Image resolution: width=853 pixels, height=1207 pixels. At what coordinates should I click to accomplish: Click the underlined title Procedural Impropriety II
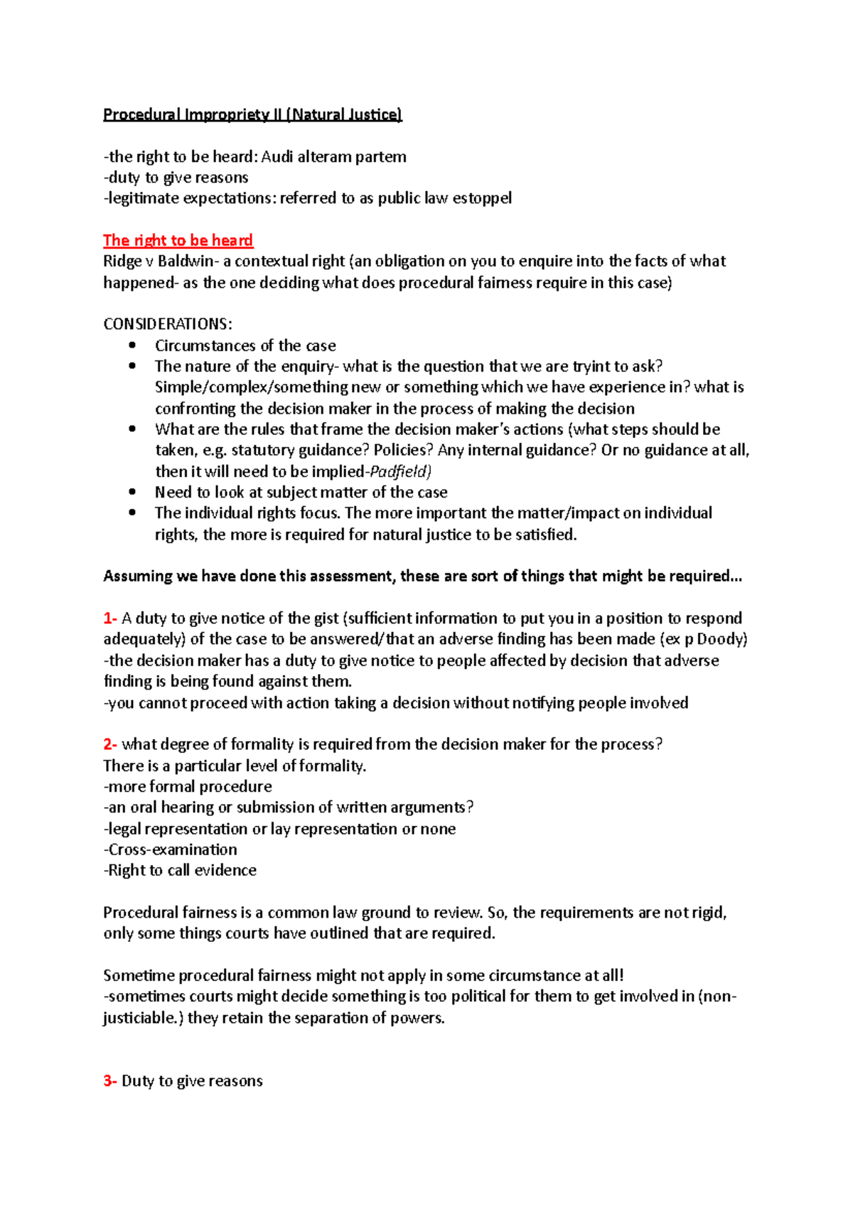tap(252, 114)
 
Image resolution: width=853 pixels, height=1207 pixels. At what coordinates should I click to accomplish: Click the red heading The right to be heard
tap(178, 240)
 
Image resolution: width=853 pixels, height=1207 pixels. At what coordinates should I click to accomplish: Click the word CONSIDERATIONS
tap(166, 324)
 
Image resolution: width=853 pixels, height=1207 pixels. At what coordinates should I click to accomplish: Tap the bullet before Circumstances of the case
tap(132, 345)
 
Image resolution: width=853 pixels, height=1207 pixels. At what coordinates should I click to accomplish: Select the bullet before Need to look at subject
tap(132, 492)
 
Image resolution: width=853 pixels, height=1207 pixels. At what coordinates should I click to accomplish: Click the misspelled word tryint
tap(592, 366)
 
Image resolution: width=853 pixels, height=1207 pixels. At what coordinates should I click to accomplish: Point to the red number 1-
tap(110, 618)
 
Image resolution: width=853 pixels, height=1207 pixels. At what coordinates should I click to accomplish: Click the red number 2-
tap(110, 744)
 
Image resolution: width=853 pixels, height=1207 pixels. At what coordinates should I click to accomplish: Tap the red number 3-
tap(110, 1081)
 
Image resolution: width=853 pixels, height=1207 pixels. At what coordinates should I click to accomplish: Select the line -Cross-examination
tap(171, 849)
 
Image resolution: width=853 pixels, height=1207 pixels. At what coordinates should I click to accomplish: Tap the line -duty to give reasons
tap(176, 178)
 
